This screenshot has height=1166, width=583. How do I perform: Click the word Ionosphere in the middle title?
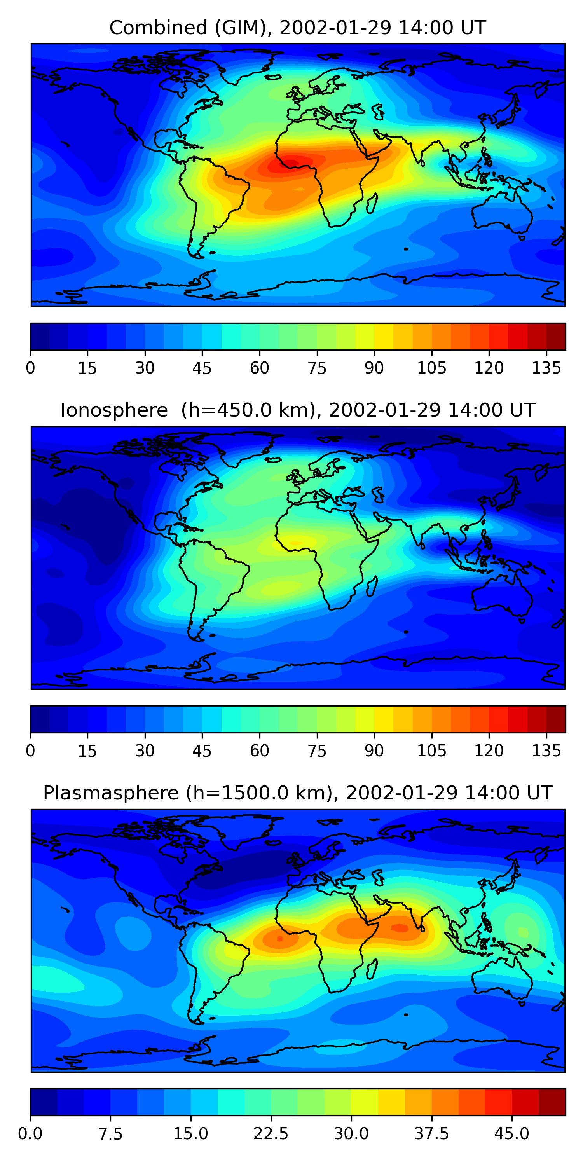click(x=114, y=410)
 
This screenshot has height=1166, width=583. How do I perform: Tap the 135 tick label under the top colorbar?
click(x=546, y=368)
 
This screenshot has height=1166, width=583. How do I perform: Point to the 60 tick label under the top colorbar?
click(x=259, y=368)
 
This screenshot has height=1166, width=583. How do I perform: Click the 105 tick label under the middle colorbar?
click(x=431, y=751)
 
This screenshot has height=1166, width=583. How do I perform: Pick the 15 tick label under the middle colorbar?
click(x=87, y=751)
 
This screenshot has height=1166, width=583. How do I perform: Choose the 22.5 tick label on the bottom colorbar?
click(x=271, y=1134)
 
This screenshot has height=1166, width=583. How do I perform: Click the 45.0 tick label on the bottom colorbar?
click(x=511, y=1134)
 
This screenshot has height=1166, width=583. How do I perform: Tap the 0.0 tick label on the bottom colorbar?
click(x=30, y=1134)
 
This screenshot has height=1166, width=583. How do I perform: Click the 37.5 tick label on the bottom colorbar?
click(x=431, y=1134)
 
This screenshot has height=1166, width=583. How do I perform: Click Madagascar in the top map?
click(x=372, y=204)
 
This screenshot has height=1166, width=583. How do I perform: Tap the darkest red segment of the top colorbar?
click(x=556, y=336)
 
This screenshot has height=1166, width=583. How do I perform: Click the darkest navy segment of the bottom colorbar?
click(x=44, y=1102)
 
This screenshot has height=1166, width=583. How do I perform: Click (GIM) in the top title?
click(x=240, y=28)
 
